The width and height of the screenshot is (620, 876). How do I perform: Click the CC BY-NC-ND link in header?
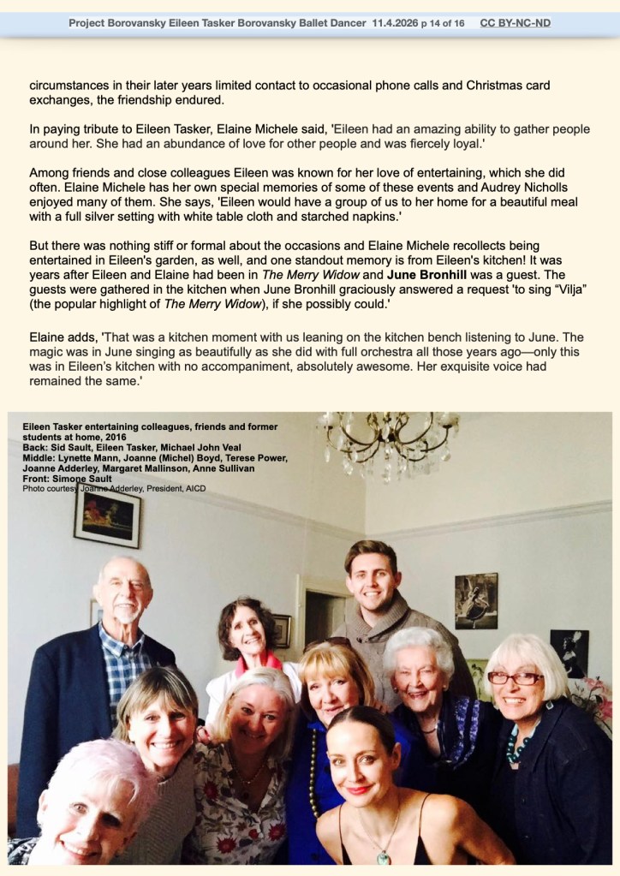click(515, 23)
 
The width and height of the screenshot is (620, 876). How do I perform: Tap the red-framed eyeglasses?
click(515, 677)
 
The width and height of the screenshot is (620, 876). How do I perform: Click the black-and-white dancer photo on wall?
click(475, 600)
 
